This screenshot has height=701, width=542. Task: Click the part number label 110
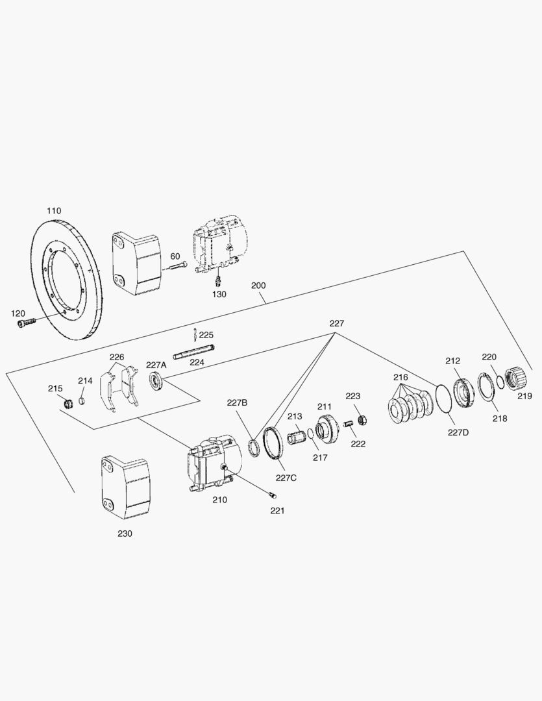(54, 211)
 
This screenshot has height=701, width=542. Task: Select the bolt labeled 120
(24, 323)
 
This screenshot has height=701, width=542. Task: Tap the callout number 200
(258, 286)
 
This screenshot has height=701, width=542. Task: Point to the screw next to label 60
(179, 265)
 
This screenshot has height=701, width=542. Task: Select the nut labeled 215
(65, 404)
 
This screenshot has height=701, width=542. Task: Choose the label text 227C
(286, 478)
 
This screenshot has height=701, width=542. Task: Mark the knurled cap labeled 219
(523, 378)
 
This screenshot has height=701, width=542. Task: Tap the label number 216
(400, 377)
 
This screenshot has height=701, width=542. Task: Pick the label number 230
(125, 534)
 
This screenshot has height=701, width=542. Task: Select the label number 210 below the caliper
(219, 500)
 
